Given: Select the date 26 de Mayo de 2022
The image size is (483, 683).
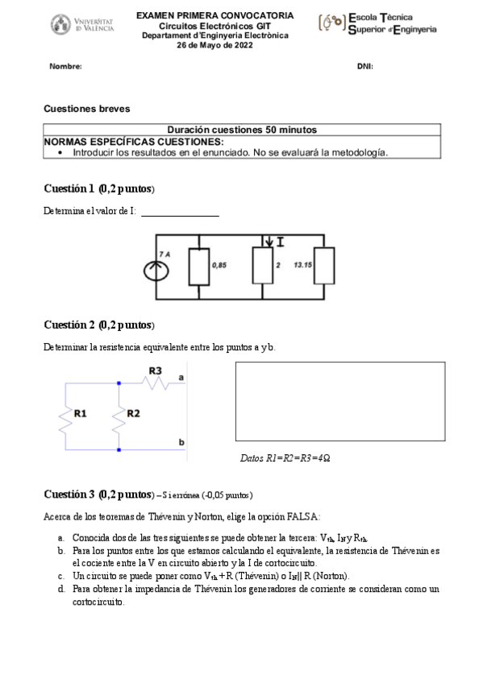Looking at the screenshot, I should [x=214, y=45].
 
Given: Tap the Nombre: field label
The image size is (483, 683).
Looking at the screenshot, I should [x=66, y=67].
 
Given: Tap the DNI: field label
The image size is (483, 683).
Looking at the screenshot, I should [x=364, y=67].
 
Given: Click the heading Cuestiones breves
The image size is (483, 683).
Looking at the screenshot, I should [x=86, y=108].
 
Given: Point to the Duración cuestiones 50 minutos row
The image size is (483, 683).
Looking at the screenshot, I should [x=242, y=130].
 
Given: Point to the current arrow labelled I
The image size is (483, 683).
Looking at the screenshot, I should [x=270, y=242].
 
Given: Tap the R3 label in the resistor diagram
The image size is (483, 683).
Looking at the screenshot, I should [x=156, y=370].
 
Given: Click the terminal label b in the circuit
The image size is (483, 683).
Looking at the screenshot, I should [x=181, y=443].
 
